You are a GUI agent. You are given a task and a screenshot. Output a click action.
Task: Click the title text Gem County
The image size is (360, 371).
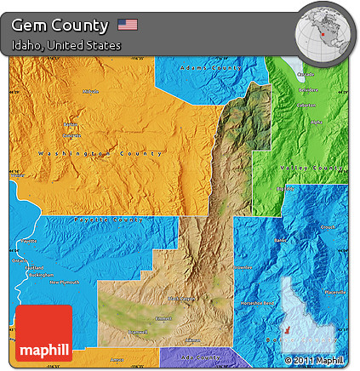coord(60,25)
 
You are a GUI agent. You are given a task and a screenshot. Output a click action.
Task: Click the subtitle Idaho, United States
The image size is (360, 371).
coord(66,44)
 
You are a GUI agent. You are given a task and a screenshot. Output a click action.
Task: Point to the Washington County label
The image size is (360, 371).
coord(100,153)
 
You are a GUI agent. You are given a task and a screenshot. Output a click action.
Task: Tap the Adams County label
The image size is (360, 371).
coord(208,66)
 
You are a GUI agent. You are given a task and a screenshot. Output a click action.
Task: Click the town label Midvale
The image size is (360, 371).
coord(91,91)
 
